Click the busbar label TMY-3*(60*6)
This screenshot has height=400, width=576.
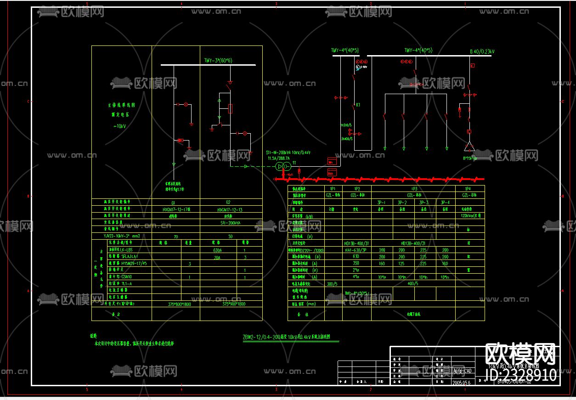218,60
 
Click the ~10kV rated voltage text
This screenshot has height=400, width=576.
117,126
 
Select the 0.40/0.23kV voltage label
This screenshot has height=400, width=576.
481,51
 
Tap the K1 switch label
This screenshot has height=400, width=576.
358,105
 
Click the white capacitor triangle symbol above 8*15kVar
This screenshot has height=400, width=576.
469,147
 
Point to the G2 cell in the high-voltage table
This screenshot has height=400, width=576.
228,202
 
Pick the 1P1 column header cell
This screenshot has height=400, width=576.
333,189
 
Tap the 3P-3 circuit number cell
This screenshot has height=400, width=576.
423,202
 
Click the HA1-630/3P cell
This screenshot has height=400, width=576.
356,250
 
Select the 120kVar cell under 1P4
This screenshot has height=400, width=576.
470,215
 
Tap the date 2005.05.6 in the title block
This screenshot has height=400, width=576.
463,382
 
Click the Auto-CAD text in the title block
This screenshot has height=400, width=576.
462,370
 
